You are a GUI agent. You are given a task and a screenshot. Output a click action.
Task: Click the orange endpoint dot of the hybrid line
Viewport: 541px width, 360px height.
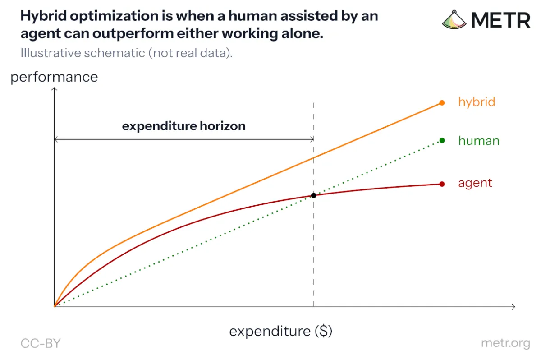click(x=442, y=103)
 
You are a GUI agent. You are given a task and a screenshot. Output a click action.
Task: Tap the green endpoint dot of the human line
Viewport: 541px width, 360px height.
click(x=442, y=141)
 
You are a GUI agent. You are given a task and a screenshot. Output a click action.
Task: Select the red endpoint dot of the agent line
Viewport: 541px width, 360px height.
click(x=442, y=184)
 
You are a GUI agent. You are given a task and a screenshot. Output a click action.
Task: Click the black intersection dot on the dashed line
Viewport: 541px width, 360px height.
click(x=313, y=195)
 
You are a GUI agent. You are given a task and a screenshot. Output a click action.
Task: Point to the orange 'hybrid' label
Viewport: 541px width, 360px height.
click(x=477, y=102)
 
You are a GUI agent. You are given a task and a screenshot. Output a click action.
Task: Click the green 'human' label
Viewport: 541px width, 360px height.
click(x=479, y=141)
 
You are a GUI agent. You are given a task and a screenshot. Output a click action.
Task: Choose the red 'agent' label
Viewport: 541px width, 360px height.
click(x=475, y=183)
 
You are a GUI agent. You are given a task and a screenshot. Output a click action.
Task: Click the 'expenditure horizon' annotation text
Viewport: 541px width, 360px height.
click(x=183, y=126)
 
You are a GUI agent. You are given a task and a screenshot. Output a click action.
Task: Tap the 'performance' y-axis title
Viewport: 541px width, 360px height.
click(x=54, y=78)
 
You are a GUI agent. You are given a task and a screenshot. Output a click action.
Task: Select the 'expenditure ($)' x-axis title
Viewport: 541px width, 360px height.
click(x=280, y=331)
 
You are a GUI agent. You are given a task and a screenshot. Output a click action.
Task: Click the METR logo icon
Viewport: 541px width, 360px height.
click(x=454, y=20)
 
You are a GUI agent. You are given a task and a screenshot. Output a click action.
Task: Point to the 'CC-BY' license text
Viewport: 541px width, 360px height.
click(x=41, y=343)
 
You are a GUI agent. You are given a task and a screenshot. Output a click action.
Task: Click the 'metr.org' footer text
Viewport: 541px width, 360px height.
click(x=505, y=343)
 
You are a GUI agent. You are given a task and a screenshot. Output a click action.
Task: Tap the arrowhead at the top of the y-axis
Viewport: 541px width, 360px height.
click(x=54, y=89)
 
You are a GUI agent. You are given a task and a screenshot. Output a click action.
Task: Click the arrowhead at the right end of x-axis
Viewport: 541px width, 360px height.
click(x=513, y=307)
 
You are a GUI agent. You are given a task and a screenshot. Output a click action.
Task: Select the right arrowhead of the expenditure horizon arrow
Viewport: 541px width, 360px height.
click(x=312, y=139)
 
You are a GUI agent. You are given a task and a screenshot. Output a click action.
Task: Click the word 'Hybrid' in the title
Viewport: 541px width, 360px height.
click(x=43, y=16)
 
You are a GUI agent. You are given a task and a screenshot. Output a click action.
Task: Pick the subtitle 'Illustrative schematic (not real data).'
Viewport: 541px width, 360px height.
click(x=127, y=53)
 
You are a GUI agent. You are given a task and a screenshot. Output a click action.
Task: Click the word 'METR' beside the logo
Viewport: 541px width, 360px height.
click(x=501, y=20)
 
